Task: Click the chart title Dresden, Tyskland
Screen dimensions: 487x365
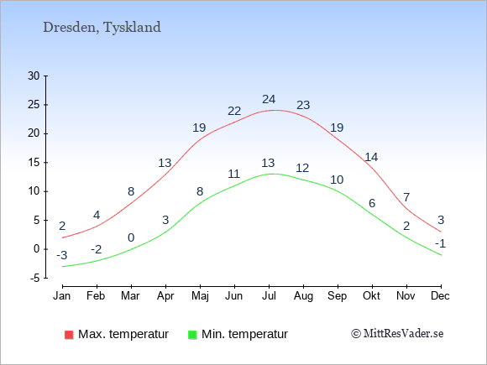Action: coord(102,28)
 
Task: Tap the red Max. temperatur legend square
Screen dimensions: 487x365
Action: coord(69,335)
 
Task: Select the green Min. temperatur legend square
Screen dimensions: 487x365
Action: coord(192,335)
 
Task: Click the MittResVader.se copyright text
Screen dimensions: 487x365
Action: coord(397,334)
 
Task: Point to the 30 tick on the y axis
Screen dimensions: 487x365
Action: coord(34,76)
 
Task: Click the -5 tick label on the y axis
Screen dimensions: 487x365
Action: coord(35,278)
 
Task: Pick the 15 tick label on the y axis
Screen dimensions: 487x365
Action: coord(34,162)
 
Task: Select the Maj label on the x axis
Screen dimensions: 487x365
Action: coord(200,296)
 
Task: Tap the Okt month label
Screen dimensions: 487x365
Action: coord(371,296)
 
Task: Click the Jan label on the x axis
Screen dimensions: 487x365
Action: coord(62,296)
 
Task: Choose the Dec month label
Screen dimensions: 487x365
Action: coord(441,296)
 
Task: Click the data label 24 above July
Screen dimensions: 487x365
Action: coord(269,99)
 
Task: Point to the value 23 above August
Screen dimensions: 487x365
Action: coord(303,105)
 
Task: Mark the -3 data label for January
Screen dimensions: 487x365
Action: coord(62,255)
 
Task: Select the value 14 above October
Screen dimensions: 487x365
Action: coord(371,158)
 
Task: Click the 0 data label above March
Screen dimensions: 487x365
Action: coord(131,237)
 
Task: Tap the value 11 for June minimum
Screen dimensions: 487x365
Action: coord(234,174)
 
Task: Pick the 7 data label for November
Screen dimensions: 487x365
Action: coord(406,197)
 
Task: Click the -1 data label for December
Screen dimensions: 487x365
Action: coord(441,243)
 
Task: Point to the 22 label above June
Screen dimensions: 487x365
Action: coord(234,111)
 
